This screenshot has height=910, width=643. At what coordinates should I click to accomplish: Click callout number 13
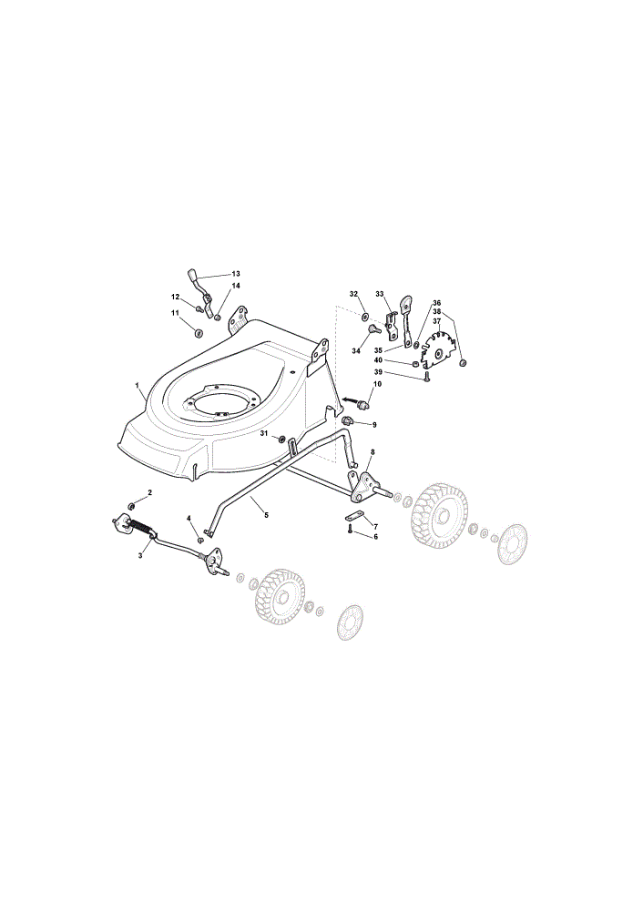[236, 273]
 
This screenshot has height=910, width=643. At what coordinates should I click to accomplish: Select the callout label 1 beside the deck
[138, 385]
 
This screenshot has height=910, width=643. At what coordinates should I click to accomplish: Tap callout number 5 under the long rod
[266, 515]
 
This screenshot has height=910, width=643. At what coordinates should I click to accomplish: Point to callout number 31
[264, 433]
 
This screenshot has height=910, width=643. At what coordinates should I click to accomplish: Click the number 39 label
[378, 372]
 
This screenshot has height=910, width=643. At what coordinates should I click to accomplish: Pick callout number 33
[380, 294]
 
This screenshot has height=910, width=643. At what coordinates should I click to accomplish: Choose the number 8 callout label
[373, 451]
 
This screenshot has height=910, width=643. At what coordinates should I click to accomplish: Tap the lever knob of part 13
[192, 274]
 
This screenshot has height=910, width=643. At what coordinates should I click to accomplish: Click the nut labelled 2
[131, 506]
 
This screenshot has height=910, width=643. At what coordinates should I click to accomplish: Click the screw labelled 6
[351, 529]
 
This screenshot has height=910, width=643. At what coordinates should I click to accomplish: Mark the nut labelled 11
[198, 333]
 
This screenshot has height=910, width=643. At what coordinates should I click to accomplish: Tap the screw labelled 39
[427, 378]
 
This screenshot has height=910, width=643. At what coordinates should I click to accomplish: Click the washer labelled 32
[365, 317]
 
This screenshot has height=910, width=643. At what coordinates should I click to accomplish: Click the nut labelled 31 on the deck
[281, 439]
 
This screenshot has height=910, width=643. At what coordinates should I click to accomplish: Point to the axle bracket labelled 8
[362, 487]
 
